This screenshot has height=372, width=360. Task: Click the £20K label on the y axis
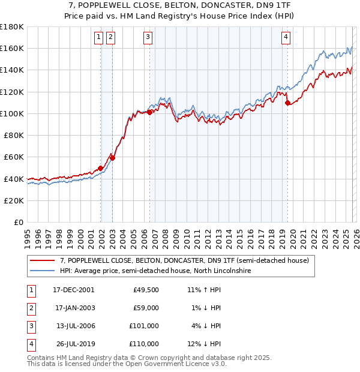point(14,200)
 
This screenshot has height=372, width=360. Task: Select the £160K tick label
point(12,48)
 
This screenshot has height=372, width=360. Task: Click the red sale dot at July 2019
point(288,103)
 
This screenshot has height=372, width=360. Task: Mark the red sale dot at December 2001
point(100,168)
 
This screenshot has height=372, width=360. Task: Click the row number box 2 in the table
point(30,308)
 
